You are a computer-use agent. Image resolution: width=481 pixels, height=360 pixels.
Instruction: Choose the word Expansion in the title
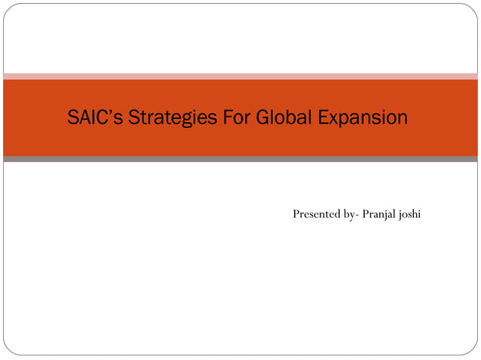[x=363, y=118]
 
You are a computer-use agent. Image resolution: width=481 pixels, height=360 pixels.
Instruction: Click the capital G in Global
[x=263, y=117]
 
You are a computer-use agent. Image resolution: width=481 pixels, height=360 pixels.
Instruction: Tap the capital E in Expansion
[x=325, y=117]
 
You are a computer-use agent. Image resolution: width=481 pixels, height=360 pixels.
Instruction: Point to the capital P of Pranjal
[x=366, y=215]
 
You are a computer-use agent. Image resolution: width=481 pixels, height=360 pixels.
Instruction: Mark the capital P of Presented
[x=296, y=215]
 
